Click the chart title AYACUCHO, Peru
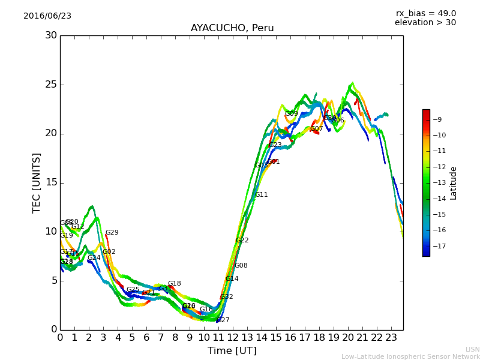tap(232, 28)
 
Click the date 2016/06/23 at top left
tap(47, 16)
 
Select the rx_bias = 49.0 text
tap(425, 14)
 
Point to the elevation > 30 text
tap(425, 23)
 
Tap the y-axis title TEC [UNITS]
tap(37, 182)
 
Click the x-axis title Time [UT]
tap(232, 351)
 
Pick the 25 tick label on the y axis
tap(50, 85)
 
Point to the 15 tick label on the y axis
tap(50, 182)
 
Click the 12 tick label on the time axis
tap(232, 338)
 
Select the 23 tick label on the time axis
tap(391, 338)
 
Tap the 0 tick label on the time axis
tap(60, 338)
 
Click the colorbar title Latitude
tap(454, 183)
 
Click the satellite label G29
tap(112, 233)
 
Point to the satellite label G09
tap(292, 113)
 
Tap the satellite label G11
tap(262, 195)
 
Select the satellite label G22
tap(242, 241)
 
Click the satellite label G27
tap(223, 320)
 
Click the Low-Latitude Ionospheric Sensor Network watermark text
tap(410, 356)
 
